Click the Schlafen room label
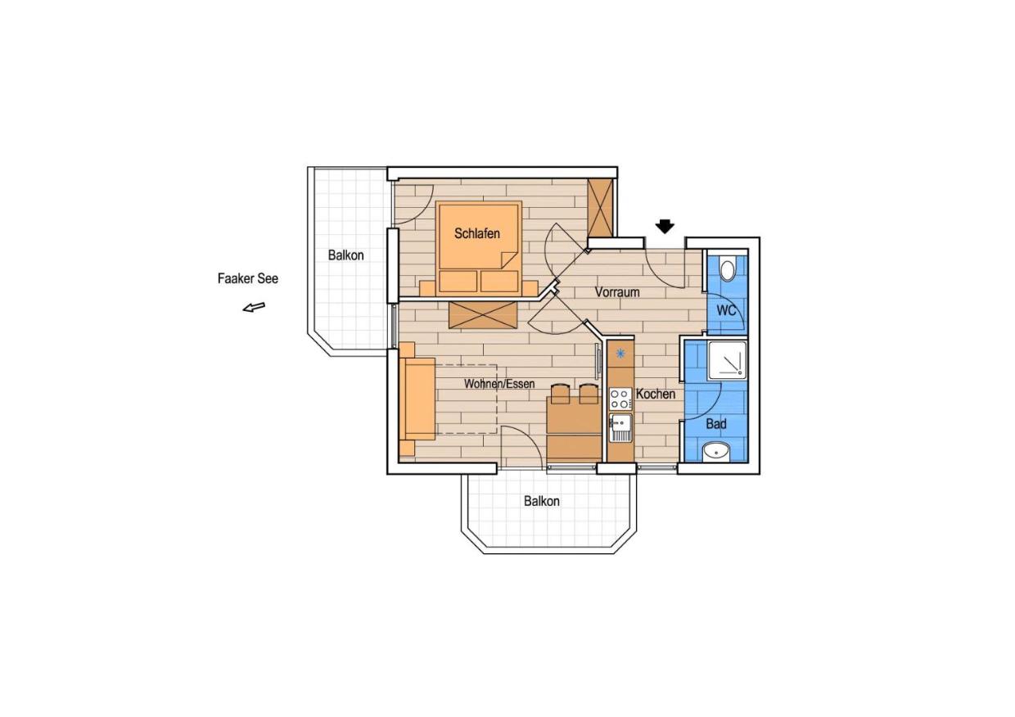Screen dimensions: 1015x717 477,233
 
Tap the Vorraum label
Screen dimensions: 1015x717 617,292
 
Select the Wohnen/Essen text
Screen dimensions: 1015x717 499,384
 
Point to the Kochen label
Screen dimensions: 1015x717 656,395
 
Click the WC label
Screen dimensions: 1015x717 726,311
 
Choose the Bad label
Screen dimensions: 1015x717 716,424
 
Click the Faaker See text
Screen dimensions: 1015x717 248,278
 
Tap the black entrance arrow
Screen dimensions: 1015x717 665,226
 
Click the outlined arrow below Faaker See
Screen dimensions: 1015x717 254,307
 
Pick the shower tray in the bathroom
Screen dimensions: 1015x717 727,359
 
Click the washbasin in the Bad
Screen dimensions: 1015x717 716,452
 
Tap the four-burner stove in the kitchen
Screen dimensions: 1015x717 620,399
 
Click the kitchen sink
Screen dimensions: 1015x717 620,427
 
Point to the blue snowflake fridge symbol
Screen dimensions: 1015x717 620,354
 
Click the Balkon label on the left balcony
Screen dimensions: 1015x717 345,255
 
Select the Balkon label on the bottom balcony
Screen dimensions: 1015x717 542,501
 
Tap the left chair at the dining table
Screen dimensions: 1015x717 560,394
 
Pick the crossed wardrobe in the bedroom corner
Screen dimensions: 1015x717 600,208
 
